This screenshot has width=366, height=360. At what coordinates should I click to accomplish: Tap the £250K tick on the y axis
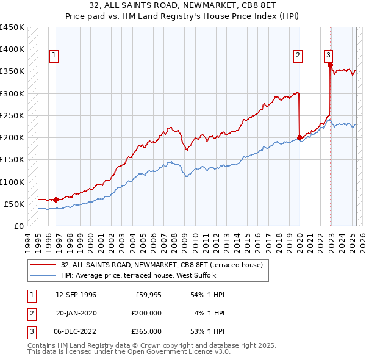coord(12,115)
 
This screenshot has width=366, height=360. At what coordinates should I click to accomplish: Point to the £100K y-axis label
coord(12,182)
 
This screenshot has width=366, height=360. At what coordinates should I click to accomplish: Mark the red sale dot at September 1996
coord(56,200)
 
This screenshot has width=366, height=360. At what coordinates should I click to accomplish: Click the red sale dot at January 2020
coord(300,137)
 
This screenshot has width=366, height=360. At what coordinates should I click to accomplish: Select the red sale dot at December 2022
coord(329,65)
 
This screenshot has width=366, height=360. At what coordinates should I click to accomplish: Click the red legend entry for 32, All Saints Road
coord(162,265)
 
